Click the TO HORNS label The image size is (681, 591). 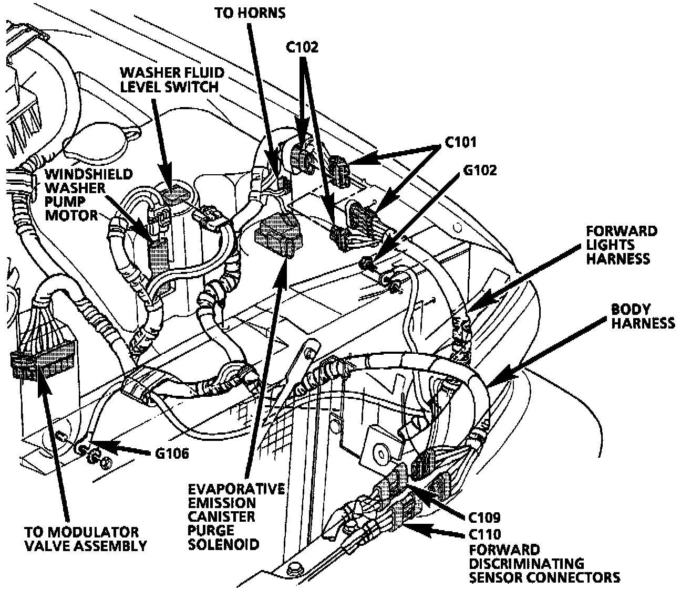tap(250, 13)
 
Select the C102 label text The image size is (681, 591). tap(302, 47)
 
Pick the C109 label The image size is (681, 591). tap(485, 518)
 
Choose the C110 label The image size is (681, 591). tap(485, 535)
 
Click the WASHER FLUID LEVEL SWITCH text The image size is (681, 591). tap(172, 79)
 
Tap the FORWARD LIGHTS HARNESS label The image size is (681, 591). tap(622, 245)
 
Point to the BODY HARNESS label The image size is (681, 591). tap(642, 316)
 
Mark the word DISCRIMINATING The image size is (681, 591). tap(525, 564)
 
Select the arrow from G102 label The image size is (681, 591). tap(415, 215)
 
